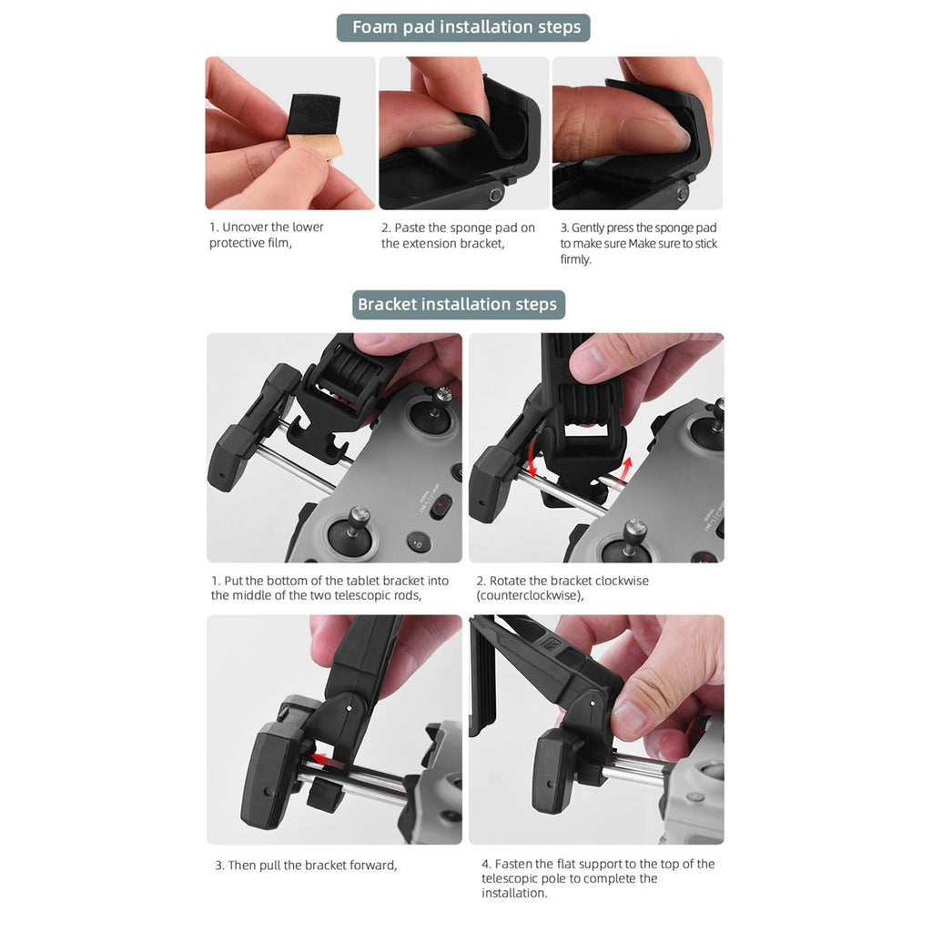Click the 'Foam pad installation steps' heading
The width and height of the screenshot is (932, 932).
click(x=466, y=27)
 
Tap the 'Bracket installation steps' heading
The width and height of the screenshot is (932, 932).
click(x=457, y=304)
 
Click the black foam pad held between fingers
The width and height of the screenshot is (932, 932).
click(x=313, y=116)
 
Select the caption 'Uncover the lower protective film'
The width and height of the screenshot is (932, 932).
click(x=267, y=235)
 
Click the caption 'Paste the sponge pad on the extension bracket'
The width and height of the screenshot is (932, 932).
click(x=459, y=236)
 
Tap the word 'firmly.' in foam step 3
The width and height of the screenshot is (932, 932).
click(x=575, y=259)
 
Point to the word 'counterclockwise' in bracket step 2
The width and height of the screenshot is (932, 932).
click(x=529, y=595)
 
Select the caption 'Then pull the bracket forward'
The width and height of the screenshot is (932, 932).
click(x=306, y=865)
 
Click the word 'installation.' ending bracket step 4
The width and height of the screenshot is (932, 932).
click(x=514, y=893)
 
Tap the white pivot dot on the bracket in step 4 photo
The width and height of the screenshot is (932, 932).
click(x=592, y=704)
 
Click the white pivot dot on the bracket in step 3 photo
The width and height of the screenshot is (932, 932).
click(x=348, y=708)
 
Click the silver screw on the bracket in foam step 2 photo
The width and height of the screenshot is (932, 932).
click(x=495, y=195)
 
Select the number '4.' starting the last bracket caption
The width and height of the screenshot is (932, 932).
click(x=486, y=864)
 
